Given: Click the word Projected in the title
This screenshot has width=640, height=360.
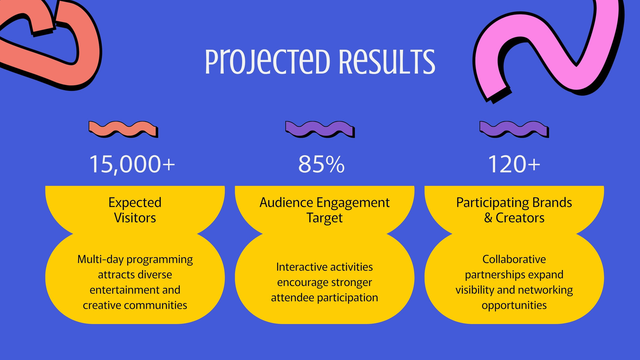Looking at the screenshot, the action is (268, 62).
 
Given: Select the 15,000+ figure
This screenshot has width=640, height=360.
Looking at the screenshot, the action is (132, 164).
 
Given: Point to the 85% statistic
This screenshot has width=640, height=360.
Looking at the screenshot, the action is (322, 164).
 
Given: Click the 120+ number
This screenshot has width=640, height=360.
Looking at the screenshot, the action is (514, 164).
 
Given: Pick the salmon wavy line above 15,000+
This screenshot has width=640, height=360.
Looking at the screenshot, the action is (123, 129).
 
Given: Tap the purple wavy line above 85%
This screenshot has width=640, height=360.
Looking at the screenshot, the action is (320, 129).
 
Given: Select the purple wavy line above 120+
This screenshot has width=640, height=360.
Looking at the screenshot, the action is (514, 129).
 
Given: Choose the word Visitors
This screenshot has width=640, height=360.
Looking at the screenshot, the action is (135, 218).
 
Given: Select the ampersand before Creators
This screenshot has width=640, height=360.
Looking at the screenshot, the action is (488, 218).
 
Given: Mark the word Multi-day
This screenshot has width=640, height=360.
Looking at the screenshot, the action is (100, 260).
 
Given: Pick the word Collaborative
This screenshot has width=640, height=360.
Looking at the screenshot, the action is (514, 259).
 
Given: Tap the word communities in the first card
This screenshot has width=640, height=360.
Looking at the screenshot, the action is (153, 305).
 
